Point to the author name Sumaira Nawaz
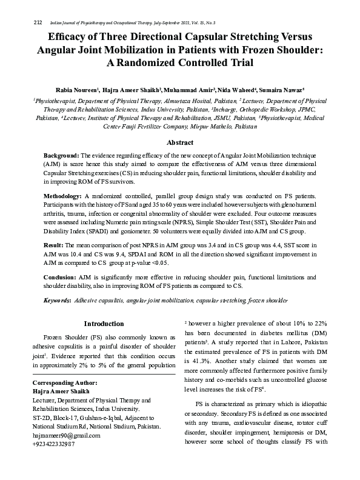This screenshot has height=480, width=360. tap(284, 88)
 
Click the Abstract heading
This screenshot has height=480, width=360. tap(180, 142)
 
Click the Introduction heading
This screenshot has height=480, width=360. tap(104, 324)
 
